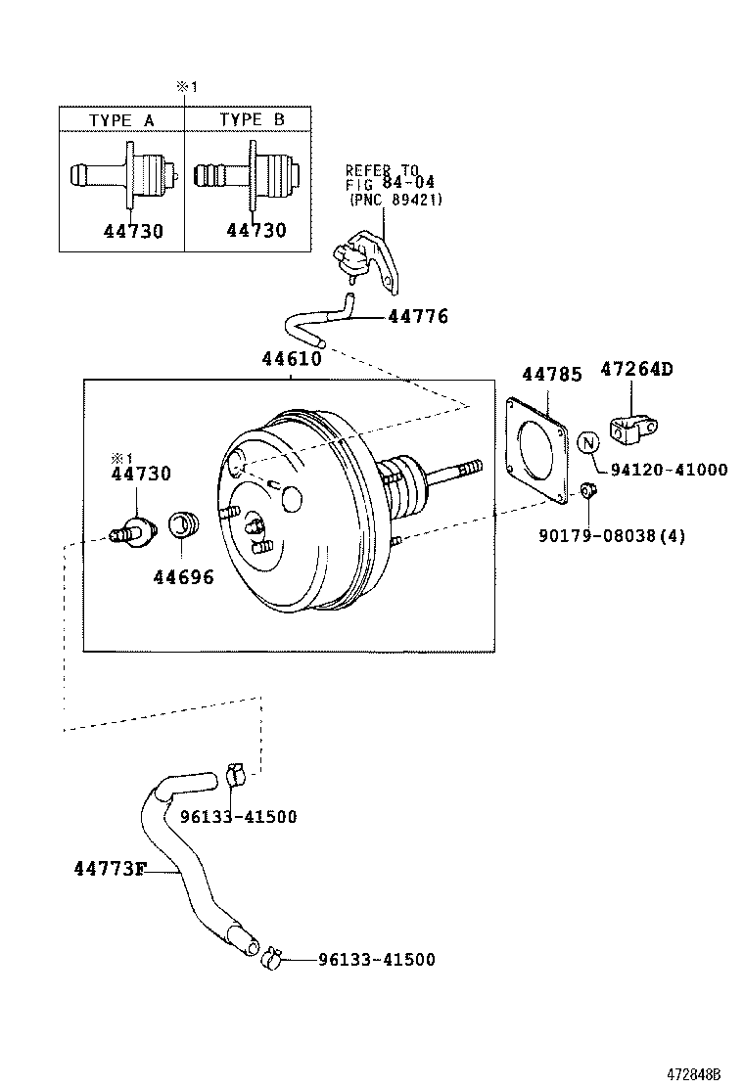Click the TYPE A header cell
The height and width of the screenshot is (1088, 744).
click(x=122, y=119)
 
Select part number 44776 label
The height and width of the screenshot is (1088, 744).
click(x=418, y=316)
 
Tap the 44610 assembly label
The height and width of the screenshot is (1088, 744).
click(x=291, y=359)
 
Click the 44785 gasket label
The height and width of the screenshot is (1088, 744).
click(x=551, y=374)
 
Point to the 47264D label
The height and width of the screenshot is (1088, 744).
click(x=636, y=370)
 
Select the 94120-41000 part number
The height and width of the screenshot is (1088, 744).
click(x=669, y=470)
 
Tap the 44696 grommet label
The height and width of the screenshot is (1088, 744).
click(x=183, y=576)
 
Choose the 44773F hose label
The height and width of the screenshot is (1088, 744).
click(x=109, y=868)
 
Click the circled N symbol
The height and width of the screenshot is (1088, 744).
click(x=587, y=442)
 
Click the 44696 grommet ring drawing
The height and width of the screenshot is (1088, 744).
click(x=184, y=523)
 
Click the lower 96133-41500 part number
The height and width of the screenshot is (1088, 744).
click(x=376, y=960)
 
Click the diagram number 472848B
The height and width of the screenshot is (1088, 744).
click(x=699, y=1073)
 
